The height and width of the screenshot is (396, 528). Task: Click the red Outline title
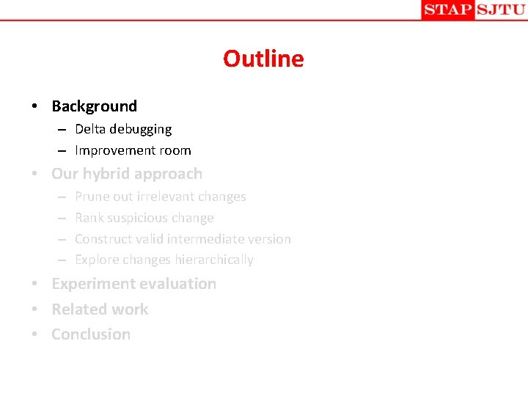point(263,59)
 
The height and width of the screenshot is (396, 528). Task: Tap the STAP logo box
point(447,10)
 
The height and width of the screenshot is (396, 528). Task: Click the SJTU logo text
point(501,10)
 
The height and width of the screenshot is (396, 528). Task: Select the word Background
point(94,106)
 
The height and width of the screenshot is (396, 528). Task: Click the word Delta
point(90,129)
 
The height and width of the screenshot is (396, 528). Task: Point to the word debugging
point(141,130)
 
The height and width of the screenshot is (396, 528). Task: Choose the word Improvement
point(112,150)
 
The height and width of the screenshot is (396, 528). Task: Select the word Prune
point(92,197)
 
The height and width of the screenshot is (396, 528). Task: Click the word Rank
point(89,218)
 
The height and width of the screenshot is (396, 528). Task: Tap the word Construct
point(103,239)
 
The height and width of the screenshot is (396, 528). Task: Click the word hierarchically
point(214,260)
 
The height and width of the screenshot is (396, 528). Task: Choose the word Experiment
point(90,284)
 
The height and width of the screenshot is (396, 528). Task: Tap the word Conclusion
point(91,334)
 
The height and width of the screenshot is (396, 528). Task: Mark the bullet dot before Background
point(35,107)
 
